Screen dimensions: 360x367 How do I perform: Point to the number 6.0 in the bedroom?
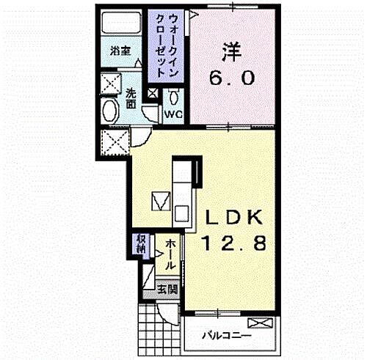(233, 77)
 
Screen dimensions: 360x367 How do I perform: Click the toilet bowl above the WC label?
(175, 97)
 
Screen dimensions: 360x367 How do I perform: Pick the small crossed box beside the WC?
(153, 95)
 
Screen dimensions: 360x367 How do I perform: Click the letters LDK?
(236, 218)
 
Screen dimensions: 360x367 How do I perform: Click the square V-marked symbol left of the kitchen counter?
(161, 200)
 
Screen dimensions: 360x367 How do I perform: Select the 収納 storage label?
(140, 244)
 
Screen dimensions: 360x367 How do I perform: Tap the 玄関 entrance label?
(167, 289)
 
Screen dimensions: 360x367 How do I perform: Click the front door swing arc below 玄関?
(170, 310)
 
